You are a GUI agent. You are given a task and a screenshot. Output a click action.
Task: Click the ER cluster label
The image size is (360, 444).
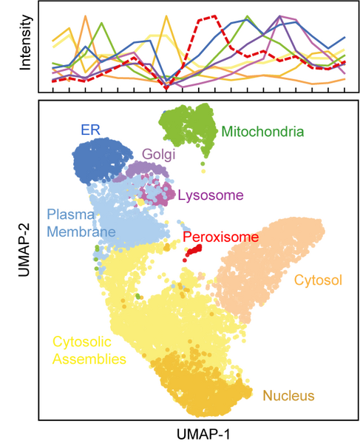click(90, 130)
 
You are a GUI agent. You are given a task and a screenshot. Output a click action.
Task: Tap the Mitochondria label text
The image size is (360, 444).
click(262, 132)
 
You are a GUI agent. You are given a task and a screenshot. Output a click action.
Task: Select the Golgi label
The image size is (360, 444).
click(159, 155)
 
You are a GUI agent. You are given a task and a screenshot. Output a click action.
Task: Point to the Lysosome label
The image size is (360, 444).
click(211, 195)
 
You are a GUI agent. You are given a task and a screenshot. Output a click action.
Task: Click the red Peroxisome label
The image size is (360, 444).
click(220, 237)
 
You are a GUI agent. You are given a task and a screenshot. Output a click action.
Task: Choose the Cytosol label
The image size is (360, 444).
click(318, 280)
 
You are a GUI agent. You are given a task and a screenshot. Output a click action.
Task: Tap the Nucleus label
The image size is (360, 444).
click(289, 396)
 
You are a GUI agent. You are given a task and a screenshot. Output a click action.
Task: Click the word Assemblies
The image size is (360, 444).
click(89, 359)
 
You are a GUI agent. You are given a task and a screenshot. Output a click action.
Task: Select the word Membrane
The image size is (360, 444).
click(81, 232)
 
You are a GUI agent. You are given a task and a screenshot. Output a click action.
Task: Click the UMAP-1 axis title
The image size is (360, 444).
click(203, 434)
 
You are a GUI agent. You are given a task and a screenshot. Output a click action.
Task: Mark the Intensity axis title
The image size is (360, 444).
click(25, 42)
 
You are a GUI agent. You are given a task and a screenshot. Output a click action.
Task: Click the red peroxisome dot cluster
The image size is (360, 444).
click(193, 251)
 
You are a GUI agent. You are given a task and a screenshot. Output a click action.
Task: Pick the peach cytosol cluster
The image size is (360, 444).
click(268, 269)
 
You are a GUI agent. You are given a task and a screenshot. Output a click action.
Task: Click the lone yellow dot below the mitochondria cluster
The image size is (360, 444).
click(203, 171)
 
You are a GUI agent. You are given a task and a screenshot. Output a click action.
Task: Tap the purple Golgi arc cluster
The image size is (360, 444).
click(146, 169)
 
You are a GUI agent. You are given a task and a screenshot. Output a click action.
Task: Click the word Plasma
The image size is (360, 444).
click(71, 215)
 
